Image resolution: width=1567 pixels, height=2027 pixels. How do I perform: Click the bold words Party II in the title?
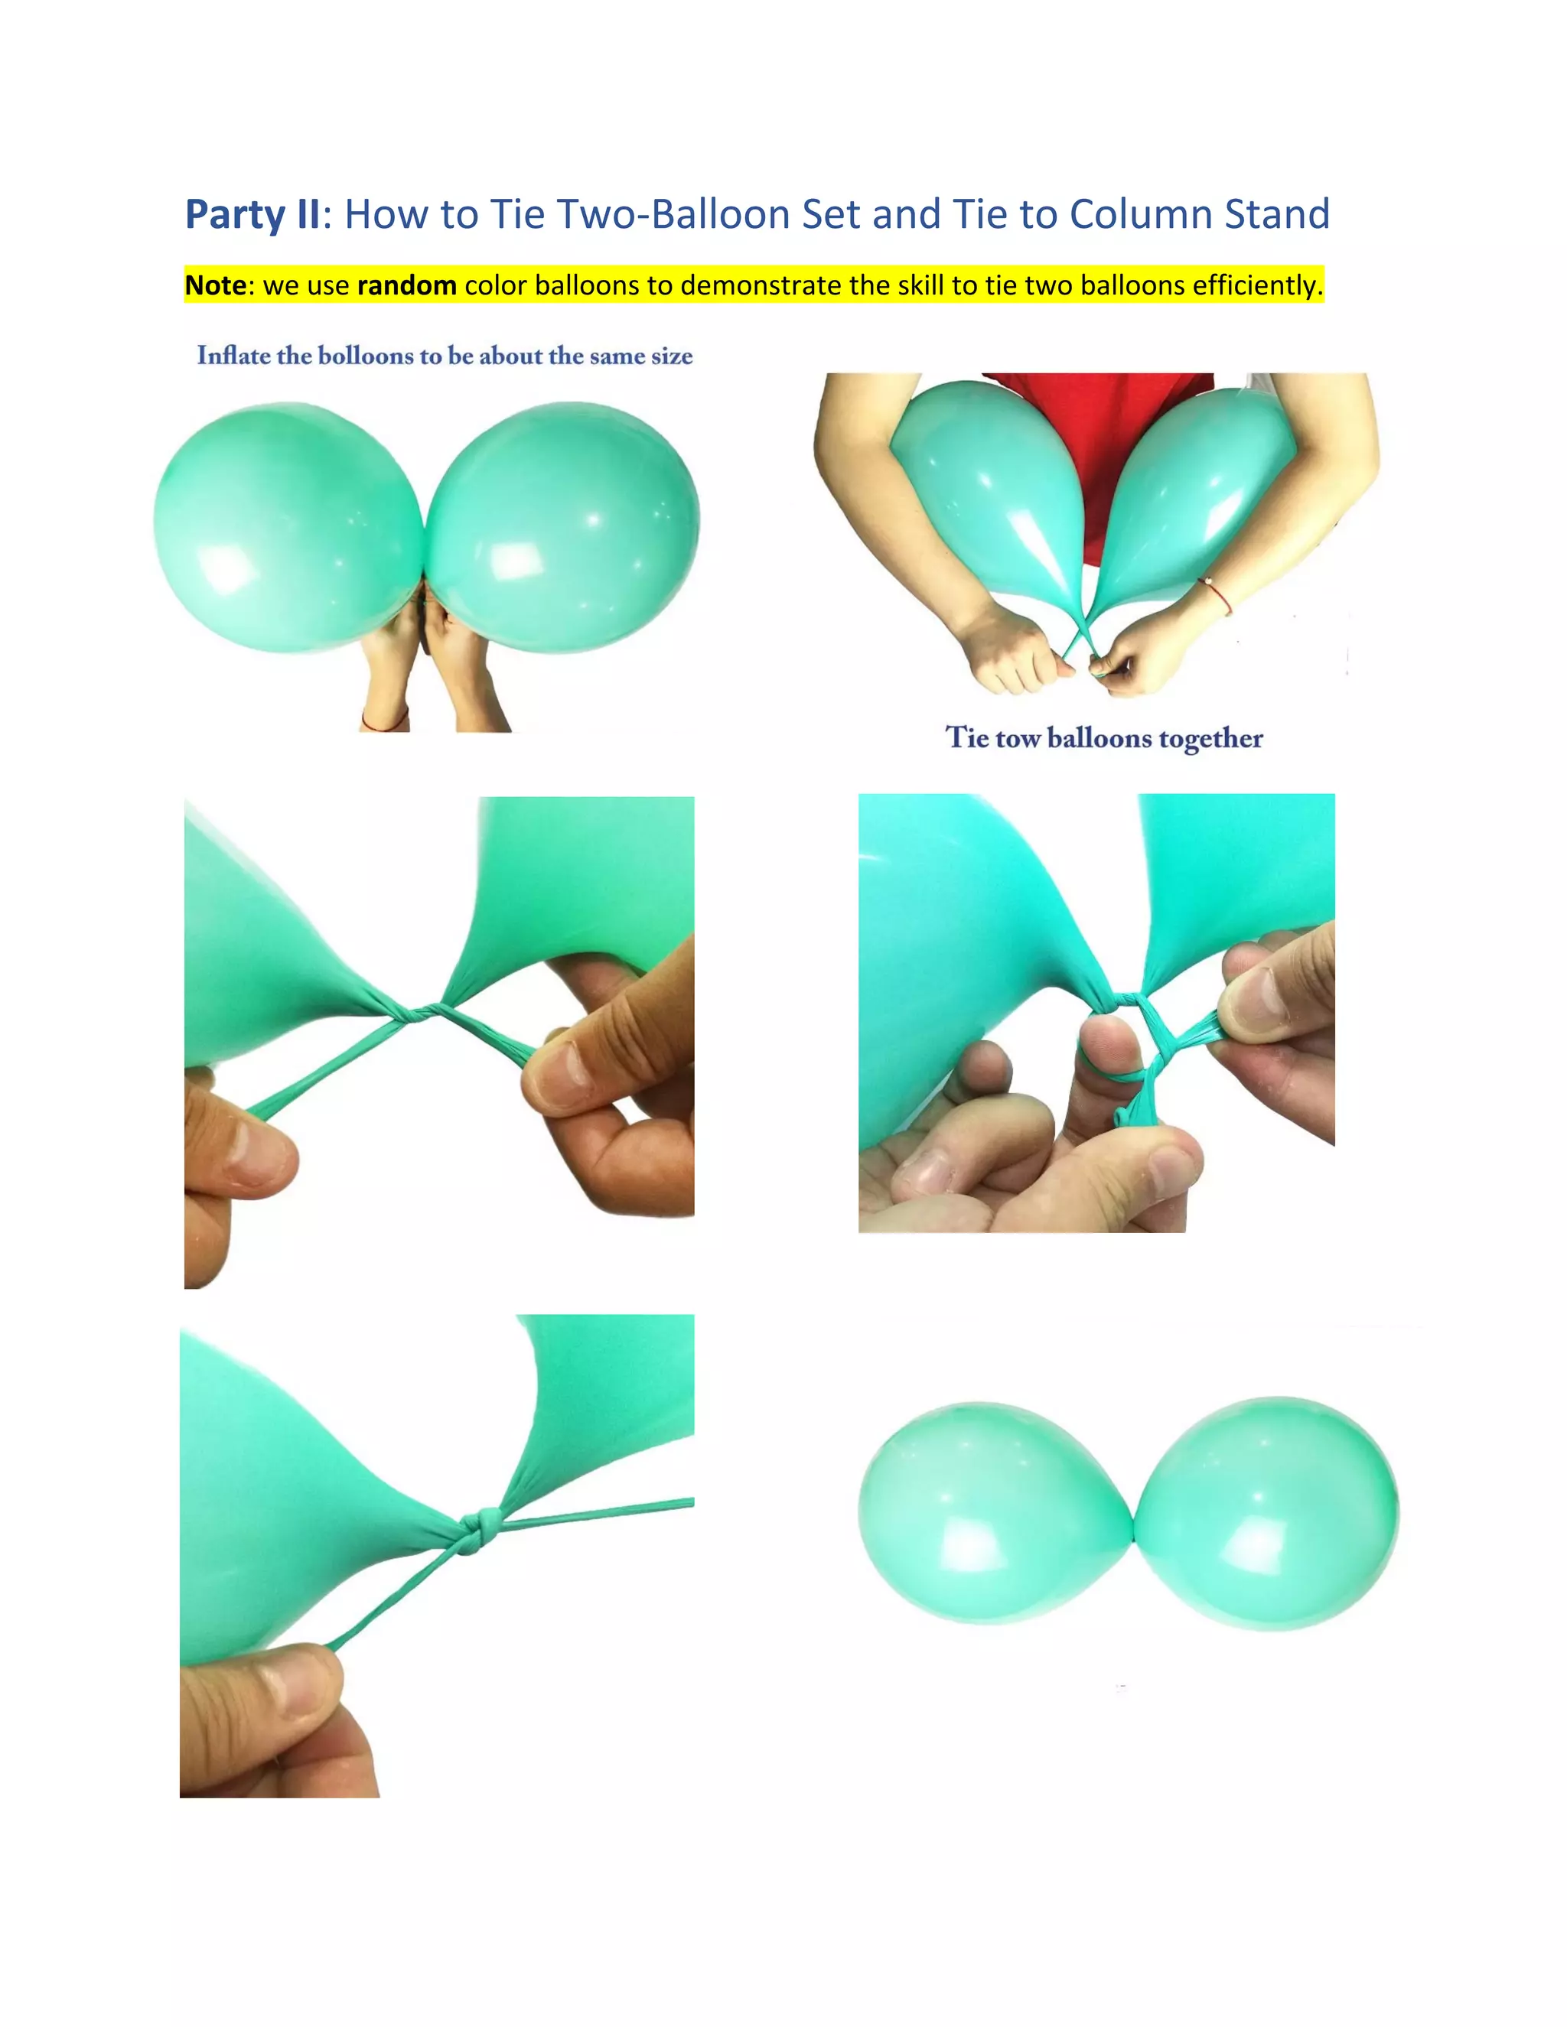point(252,214)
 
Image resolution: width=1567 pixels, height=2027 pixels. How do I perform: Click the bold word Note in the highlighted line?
point(215,285)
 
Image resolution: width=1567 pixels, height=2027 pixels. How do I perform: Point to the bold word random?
point(406,285)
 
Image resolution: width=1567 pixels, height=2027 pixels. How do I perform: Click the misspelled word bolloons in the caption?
point(365,356)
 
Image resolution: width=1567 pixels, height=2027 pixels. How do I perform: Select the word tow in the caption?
point(1018,738)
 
